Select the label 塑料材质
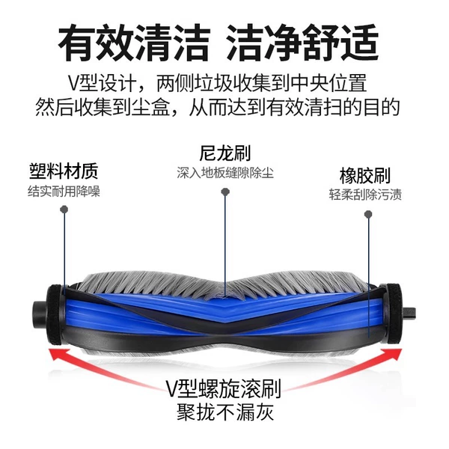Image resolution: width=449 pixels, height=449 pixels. coord(64,171)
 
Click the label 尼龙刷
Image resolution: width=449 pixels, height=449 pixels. coord(224,153)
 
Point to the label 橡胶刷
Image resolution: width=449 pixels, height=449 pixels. coord(365,176)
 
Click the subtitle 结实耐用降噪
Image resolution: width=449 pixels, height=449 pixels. coord(64,192)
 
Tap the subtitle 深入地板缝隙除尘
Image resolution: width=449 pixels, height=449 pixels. coord(225,173)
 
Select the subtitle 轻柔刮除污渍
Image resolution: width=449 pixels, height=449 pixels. coord(365,195)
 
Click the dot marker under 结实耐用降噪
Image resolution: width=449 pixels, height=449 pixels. coord(64,210)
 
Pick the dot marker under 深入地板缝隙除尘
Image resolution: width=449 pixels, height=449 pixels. coord(225,192)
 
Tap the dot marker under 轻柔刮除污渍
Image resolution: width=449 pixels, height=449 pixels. coord(368,214)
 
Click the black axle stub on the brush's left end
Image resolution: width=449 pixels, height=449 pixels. coord(39,314)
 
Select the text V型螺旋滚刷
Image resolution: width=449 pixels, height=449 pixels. coord(223,389)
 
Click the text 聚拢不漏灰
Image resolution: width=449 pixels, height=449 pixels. coord(225,412)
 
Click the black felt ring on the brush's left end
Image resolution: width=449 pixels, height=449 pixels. coord(55,314)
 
